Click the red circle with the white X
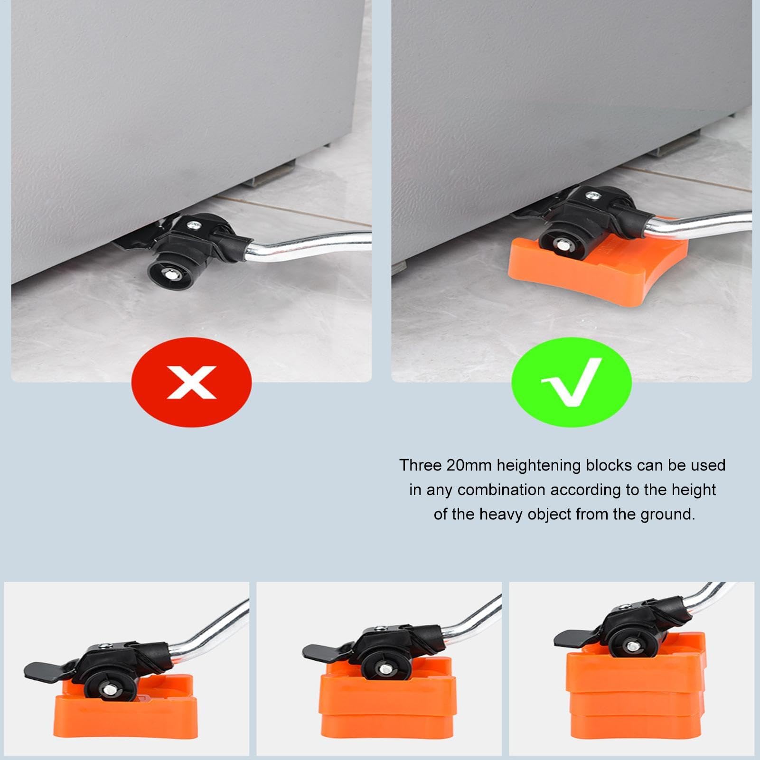pos(191,382)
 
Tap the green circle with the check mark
pos(572,382)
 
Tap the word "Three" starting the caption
pos(420,465)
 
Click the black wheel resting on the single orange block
pos(109,685)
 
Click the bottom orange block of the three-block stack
pos(637,726)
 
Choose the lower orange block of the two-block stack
pos(387,724)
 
